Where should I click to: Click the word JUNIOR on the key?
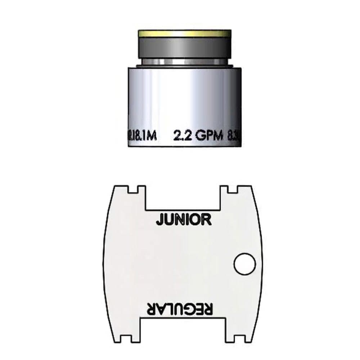click(x=183, y=219)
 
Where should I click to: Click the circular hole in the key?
click(x=244, y=265)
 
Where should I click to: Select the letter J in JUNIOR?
click(x=159, y=219)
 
